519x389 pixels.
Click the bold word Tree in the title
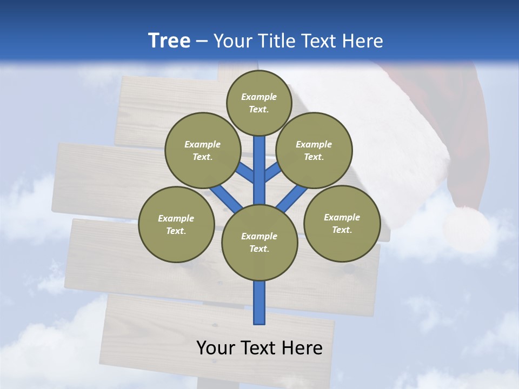click(x=169, y=41)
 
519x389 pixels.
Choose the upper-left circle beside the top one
click(x=202, y=150)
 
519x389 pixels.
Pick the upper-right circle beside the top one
click(x=314, y=150)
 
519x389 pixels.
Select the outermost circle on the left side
click(x=176, y=224)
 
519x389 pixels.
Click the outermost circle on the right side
click(x=342, y=223)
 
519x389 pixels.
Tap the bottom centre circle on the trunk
click(x=259, y=243)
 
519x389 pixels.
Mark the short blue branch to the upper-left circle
click(x=244, y=172)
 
